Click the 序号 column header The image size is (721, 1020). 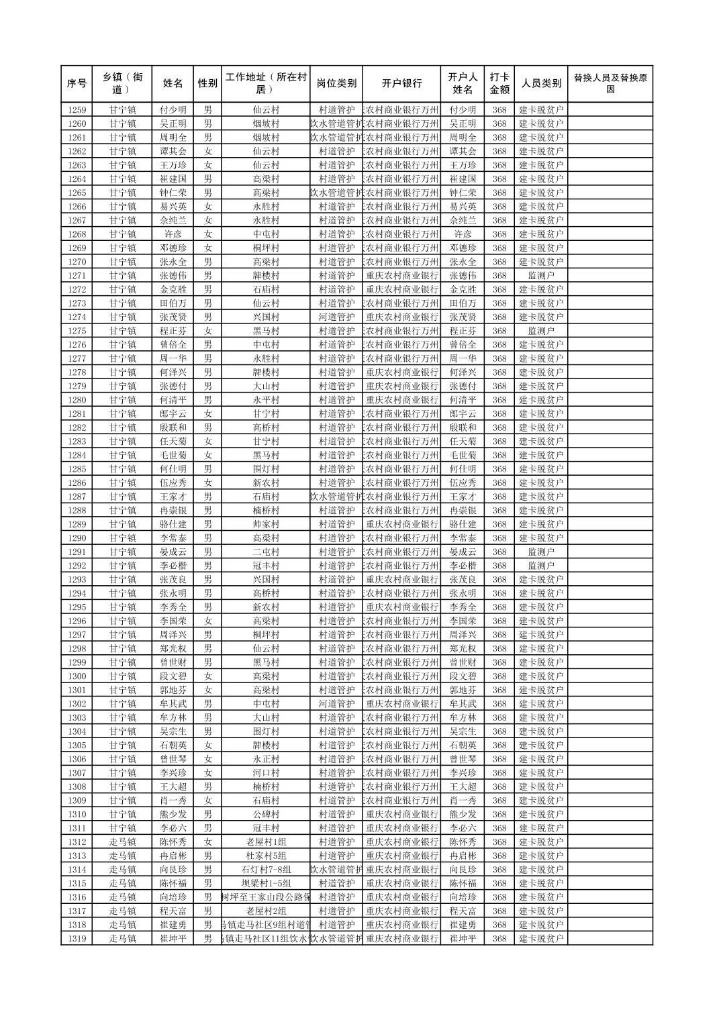tap(77, 84)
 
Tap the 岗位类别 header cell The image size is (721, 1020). tap(336, 84)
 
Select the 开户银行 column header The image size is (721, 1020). tap(401, 84)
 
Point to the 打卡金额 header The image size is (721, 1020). tap(499, 84)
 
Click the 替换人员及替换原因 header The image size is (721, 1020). tap(610, 84)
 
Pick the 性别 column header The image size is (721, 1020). tap(207, 84)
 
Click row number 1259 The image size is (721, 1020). tap(77, 110)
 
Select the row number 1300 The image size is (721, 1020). tap(77, 676)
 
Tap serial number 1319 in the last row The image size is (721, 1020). tap(77, 939)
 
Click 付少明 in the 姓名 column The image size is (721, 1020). tap(173, 110)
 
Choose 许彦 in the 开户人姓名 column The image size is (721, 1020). tap(463, 234)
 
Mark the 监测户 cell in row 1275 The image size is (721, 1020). tap(541, 331)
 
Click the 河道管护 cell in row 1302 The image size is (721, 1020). tap(336, 704)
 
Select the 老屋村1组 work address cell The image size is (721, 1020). tap(266, 842)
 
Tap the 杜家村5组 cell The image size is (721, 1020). tap(266, 856)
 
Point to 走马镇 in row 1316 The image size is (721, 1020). tap(122, 897)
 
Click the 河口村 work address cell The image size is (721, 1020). tap(266, 773)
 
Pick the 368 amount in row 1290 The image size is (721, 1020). tap(499, 538)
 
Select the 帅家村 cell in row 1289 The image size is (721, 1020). tap(266, 524)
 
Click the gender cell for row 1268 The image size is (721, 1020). tap(207, 234)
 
